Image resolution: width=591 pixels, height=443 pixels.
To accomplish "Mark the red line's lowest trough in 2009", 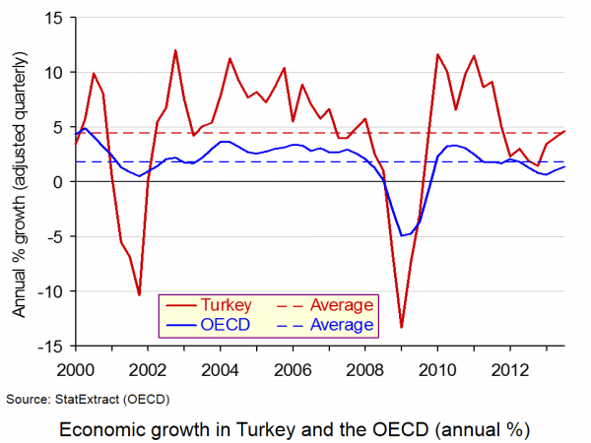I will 402,327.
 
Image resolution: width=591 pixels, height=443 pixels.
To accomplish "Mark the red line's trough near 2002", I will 139,294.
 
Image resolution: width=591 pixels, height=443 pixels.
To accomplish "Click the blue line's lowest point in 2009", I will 402,235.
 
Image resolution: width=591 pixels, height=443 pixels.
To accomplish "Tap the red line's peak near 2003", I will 175,50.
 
